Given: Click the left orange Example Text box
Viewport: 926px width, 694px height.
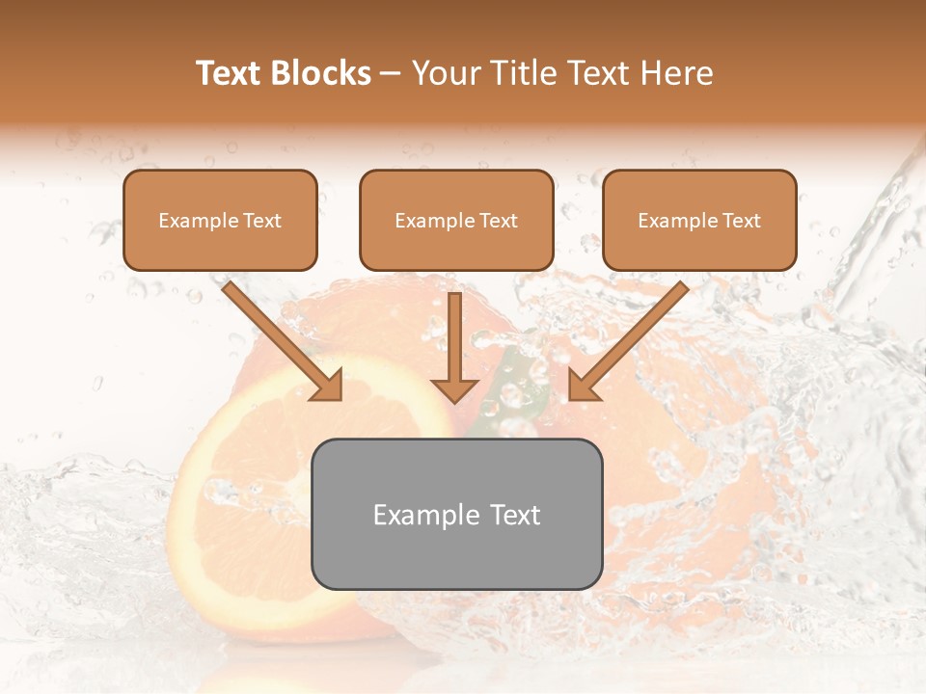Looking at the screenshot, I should coord(220,220).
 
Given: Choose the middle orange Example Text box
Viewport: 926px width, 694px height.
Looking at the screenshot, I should coord(456,220).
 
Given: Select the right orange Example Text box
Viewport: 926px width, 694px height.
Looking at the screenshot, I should coord(699,220).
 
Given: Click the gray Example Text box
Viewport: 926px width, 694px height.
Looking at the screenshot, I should coord(456,514).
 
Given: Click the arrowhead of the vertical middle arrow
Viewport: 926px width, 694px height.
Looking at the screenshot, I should coord(454,389).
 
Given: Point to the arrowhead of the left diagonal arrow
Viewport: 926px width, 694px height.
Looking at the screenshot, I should coord(328,386).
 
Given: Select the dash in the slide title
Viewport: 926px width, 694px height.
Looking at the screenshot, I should coord(392,74).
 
